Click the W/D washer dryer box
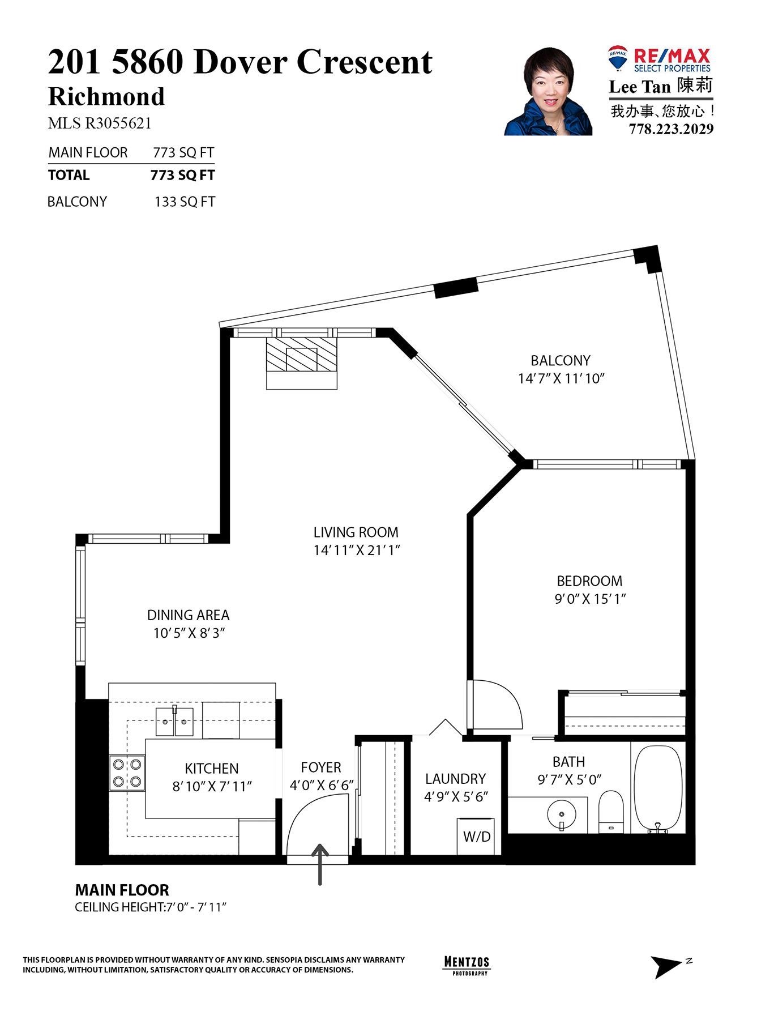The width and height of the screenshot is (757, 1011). (x=476, y=836)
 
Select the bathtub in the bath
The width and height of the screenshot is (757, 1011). (x=658, y=790)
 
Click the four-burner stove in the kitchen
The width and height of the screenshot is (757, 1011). (x=127, y=773)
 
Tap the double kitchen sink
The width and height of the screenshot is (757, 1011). (x=174, y=721)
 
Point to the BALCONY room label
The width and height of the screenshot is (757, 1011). (x=560, y=360)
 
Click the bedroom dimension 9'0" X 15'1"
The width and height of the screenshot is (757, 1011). (x=589, y=599)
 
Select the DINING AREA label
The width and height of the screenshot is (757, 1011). (x=188, y=615)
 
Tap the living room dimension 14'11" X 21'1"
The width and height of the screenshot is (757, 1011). (x=357, y=550)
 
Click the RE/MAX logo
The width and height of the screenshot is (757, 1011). (x=659, y=59)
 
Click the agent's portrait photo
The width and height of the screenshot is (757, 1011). (x=548, y=92)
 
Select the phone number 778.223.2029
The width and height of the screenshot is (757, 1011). (x=671, y=129)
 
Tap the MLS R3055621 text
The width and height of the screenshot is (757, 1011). (x=100, y=123)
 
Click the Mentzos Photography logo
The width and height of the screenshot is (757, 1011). (x=465, y=965)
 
